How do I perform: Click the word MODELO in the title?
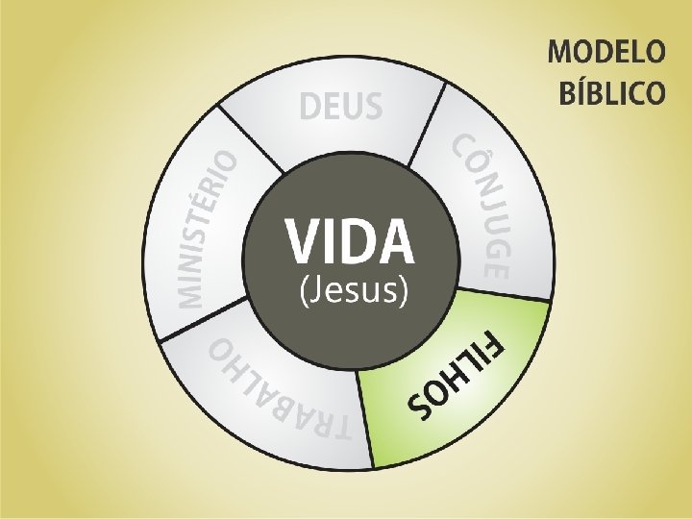pyautogui.click(x=606, y=53)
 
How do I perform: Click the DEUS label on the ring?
pyautogui.click(x=340, y=107)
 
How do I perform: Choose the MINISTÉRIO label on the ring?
pyautogui.click(x=206, y=230)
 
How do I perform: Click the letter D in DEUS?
pyautogui.click(x=309, y=107)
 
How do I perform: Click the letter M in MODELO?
pyautogui.click(x=561, y=53)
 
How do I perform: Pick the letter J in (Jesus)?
pyautogui.click(x=322, y=289)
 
